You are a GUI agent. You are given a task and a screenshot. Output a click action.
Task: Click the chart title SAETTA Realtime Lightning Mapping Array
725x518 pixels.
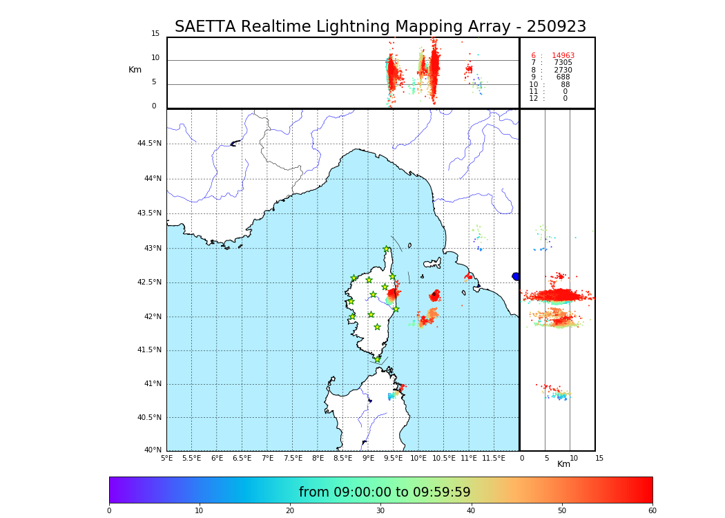(380, 27)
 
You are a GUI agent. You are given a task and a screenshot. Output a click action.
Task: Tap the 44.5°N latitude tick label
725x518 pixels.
(149, 144)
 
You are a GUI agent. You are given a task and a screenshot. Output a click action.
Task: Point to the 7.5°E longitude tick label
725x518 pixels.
(293, 458)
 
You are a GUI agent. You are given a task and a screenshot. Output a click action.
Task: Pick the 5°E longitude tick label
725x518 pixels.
(166, 458)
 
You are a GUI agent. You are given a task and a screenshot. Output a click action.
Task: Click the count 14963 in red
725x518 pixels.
(563, 56)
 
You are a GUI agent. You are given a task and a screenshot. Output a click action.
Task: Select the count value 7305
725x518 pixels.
(563, 63)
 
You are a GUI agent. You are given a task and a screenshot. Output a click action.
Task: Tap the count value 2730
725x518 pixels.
(563, 70)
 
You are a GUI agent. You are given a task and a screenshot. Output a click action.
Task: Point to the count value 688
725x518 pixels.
(563, 77)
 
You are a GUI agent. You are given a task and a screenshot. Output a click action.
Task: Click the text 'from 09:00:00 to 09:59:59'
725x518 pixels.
(385, 492)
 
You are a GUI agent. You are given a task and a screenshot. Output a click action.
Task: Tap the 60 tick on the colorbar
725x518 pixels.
(652, 510)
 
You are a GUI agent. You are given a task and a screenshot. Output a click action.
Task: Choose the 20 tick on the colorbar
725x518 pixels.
(290, 510)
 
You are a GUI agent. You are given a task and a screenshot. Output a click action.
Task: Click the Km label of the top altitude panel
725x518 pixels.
(135, 70)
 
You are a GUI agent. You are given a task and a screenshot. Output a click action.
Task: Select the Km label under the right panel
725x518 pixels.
(564, 464)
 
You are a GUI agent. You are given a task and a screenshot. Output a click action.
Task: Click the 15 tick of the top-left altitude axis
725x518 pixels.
(155, 34)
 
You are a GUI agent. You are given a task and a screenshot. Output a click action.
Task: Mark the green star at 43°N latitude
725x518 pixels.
(387, 249)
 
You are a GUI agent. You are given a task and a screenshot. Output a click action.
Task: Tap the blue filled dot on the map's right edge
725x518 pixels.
(516, 276)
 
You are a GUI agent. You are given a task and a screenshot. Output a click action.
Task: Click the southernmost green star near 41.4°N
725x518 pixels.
(377, 359)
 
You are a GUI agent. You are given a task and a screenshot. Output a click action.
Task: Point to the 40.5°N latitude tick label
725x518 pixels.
(149, 418)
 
